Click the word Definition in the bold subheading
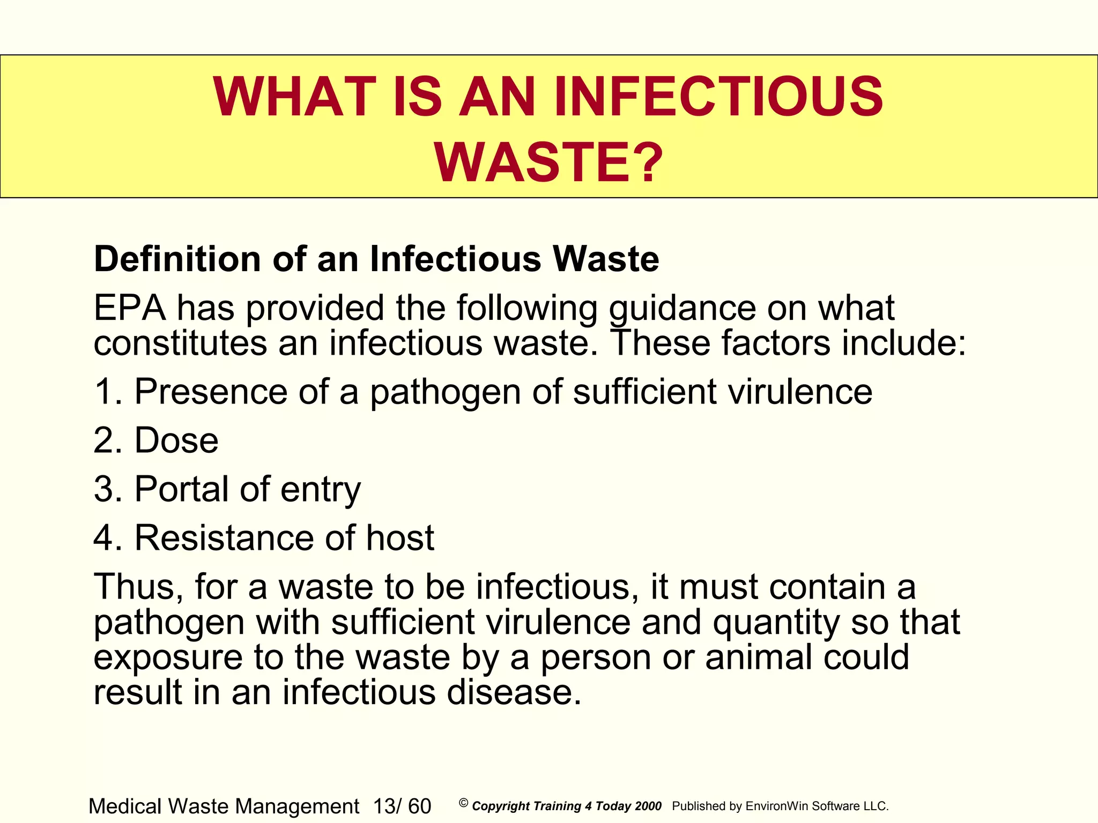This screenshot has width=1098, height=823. point(177,259)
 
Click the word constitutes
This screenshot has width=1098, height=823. point(180,343)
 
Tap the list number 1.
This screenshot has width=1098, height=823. point(105,392)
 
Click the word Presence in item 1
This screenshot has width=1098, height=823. point(211,392)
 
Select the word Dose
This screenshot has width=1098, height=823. point(176,440)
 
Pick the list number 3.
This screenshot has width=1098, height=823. point(105,489)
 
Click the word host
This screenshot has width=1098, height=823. point(400,538)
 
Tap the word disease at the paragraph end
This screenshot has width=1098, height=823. point(514,692)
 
